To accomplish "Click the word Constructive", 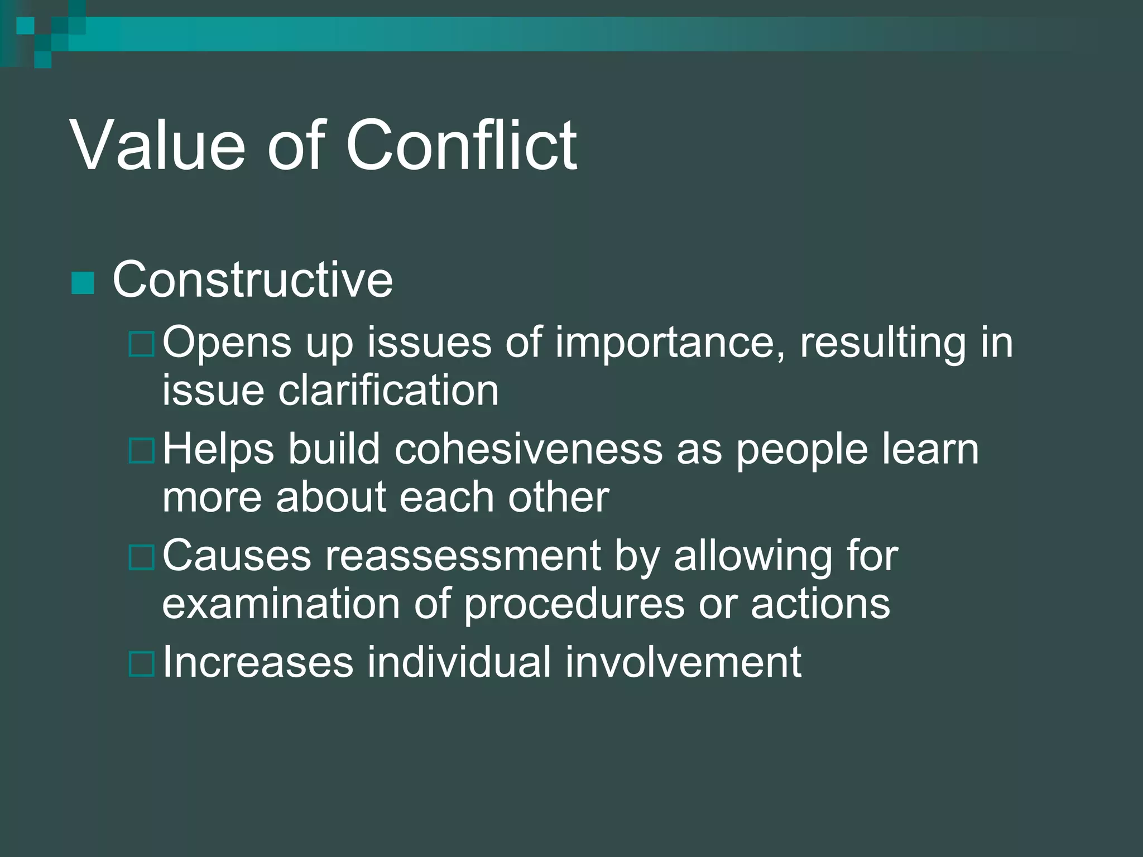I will click(x=252, y=280).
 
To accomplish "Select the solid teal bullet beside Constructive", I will click(x=83, y=283).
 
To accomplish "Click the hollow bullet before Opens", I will click(x=141, y=344).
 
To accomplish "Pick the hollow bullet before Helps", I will click(x=141, y=451).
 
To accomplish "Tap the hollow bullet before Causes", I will click(x=141, y=557).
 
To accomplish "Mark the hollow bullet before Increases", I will click(x=141, y=664).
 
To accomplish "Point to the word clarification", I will click(x=388, y=390).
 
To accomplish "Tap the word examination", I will click(x=281, y=604).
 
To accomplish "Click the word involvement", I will click(x=683, y=662).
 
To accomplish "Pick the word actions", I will click(x=820, y=604).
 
